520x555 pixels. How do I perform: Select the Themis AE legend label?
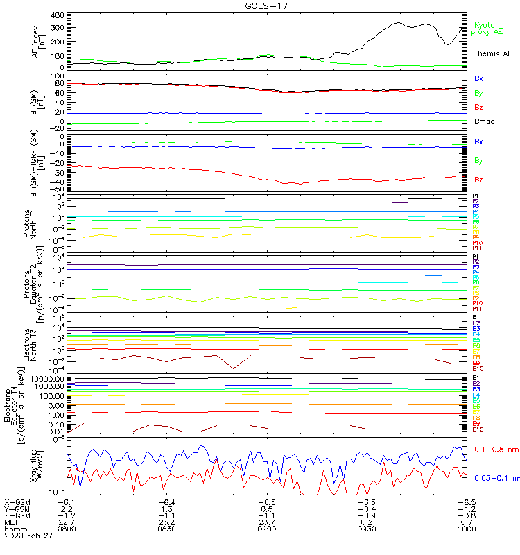click(x=493, y=53)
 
